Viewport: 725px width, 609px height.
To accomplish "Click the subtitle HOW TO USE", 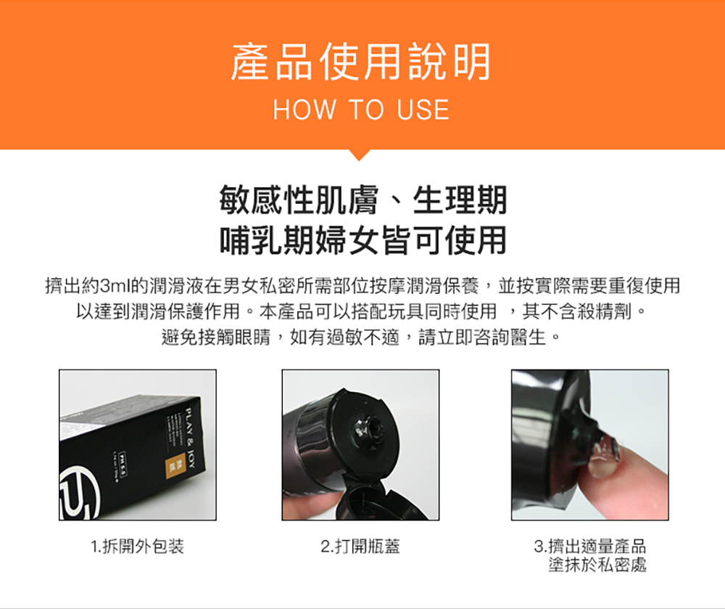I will (361, 110).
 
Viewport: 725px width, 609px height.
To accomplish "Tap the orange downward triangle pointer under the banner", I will (360, 154).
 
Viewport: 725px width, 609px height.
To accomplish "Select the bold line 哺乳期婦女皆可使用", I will (362, 240).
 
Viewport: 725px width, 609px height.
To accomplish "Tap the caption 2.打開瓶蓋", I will (360, 546).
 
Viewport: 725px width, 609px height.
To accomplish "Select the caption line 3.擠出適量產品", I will (589, 546).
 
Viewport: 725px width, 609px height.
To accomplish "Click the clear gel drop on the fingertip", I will (605, 453).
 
